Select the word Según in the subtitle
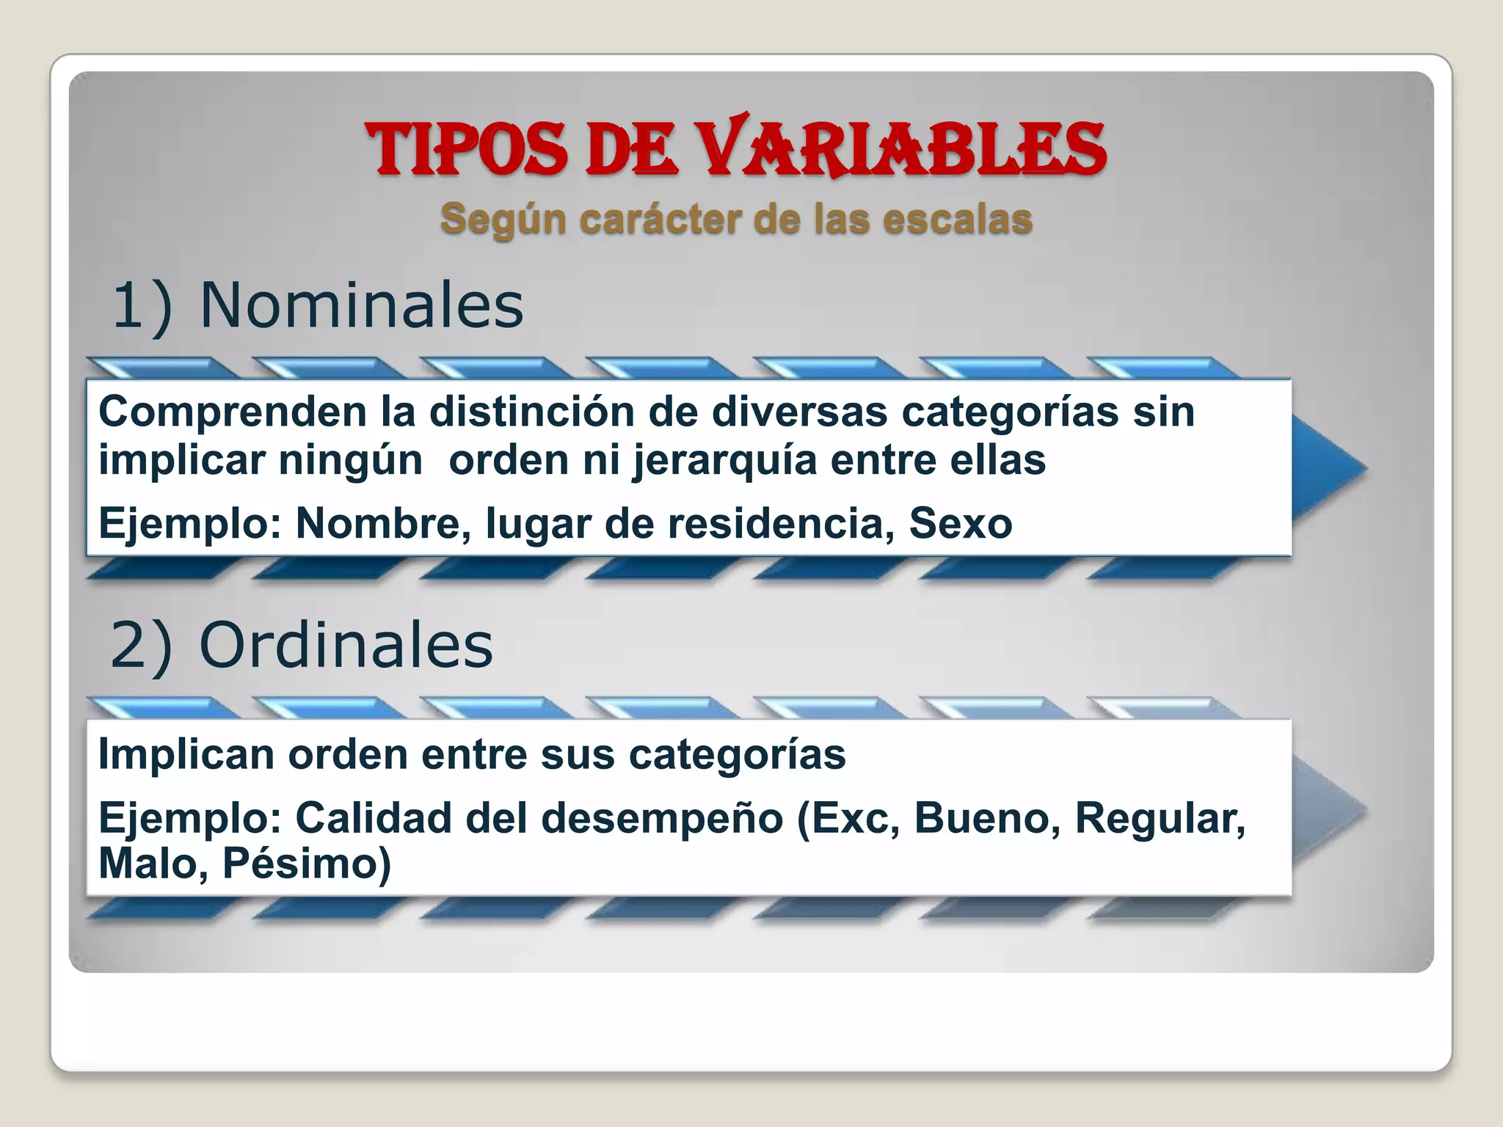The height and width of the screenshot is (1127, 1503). (503, 219)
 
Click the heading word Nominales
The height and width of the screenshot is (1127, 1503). (361, 305)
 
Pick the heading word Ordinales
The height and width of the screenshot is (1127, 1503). (346, 645)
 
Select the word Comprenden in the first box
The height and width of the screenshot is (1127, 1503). (232, 412)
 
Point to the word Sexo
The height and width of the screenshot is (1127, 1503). (961, 524)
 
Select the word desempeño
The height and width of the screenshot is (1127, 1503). (662, 818)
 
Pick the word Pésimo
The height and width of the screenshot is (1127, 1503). (307, 864)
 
